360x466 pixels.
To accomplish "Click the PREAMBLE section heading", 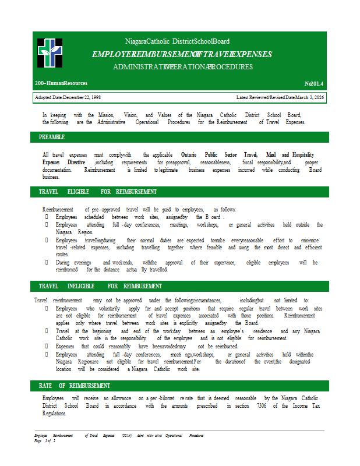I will pyautogui.click(x=52, y=137).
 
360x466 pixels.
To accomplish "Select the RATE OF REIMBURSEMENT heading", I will pyautogui.click(x=74, y=386).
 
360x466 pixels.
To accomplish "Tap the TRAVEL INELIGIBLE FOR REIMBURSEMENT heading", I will pyautogui.click(x=100, y=286).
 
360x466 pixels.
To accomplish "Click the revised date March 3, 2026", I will pyautogui.click(x=308, y=97).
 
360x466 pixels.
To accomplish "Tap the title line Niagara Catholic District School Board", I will pyautogui.click(x=177, y=41).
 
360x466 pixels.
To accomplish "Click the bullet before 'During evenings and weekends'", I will pyautogui.click(x=47, y=263).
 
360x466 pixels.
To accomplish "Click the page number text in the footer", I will pyautogui.click(x=45, y=441).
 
